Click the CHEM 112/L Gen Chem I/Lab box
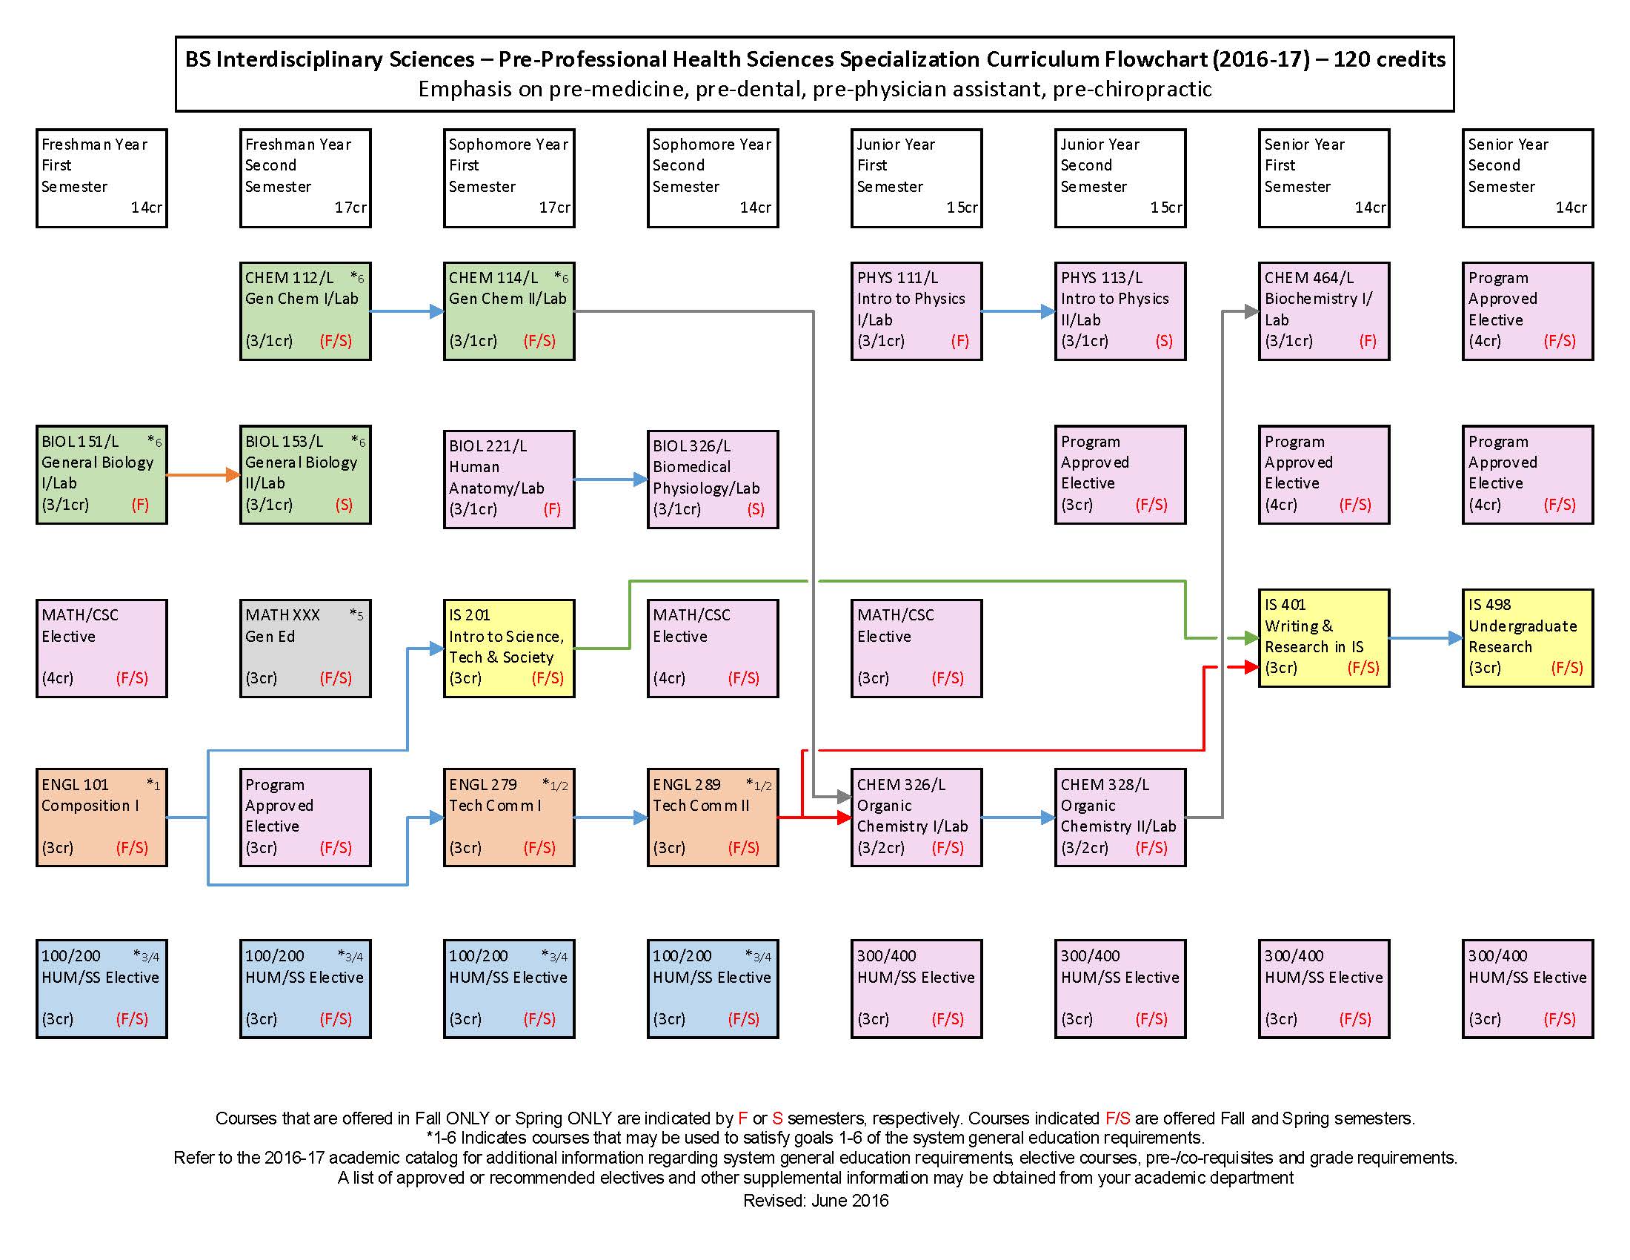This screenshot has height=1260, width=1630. (x=305, y=311)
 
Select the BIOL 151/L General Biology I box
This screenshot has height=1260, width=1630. (x=102, y=475)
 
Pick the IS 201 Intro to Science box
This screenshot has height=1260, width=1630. (x=509, y=648)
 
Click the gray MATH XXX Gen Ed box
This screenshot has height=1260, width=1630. (x=305, y=648)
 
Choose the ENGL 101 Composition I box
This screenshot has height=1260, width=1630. (x=102, y=818)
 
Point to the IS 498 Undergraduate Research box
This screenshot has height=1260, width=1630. (x=1527, y=637)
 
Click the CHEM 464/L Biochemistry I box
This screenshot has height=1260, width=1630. (x=1323, y=311)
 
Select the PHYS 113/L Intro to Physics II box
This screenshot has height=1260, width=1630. (x=1120, y=311)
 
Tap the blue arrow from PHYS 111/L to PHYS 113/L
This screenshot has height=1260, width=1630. (x=1018, y=311)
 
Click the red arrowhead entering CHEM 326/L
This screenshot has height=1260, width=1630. (x=844, y=818)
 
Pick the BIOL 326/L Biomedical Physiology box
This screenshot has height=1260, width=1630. (x=713, y=480)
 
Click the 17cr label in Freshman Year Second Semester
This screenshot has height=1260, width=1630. (x=350, y=208)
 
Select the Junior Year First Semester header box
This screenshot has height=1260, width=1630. (x=916, y=178)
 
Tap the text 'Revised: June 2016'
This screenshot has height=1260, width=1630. (x=815, y=1200)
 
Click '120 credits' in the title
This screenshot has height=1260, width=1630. (x=1389, y=59)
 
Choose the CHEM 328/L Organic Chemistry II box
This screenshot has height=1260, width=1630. (x=1120, y=818)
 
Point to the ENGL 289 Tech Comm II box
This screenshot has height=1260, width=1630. (x=713, y=818)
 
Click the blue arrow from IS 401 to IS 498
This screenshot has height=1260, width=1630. (x=1426, y=638)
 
